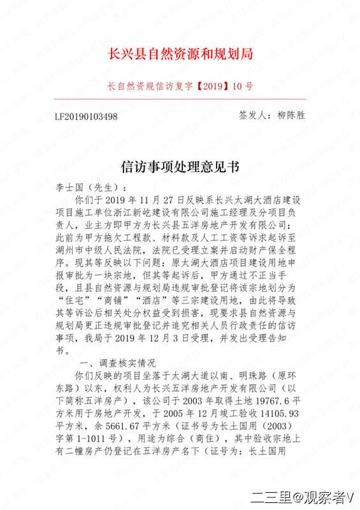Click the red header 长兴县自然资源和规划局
181,54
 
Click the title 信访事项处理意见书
180,167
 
